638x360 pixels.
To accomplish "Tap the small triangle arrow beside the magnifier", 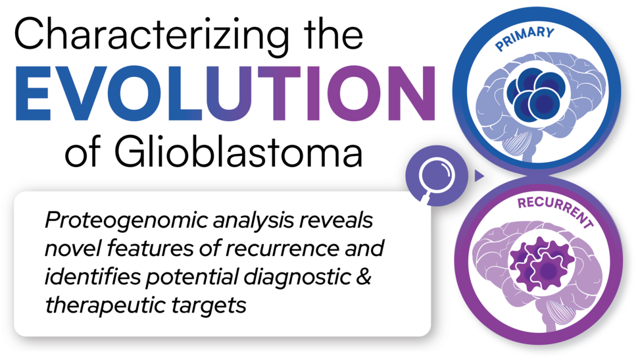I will point(479,176).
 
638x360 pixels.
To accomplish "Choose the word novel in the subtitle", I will point(68,249).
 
